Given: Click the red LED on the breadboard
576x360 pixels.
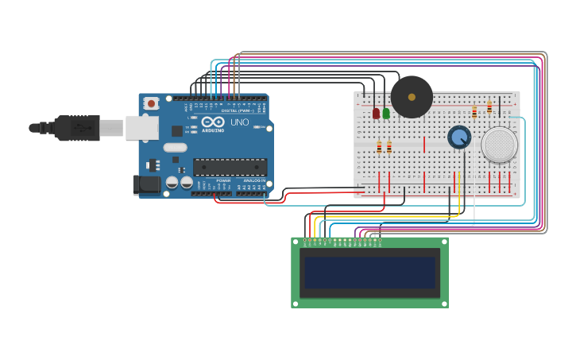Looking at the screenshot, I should tap(376, 113).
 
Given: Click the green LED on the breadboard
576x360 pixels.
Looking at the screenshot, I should tap(386, 113).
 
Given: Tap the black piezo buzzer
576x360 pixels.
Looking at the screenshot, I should tap(412, 97).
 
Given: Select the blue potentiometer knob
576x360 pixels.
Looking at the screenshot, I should tap(458, 137).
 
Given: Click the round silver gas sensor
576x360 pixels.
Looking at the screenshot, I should tap(500, 145).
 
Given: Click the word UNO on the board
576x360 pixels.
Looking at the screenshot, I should tap(239, 123).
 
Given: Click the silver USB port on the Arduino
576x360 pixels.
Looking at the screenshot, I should tap(141, 127).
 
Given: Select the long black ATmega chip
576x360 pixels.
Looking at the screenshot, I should tap(230, 166).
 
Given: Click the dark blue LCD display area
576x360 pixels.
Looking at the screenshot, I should tap(369, 273).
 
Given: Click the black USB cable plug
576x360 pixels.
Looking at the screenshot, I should tap(76, 127).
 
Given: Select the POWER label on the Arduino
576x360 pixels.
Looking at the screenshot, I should tap(223, 180).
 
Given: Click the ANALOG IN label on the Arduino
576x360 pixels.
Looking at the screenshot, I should tap(255, 180).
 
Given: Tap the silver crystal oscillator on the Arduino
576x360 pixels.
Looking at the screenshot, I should tap(176, 147).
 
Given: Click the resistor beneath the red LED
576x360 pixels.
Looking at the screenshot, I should tap(379, 147).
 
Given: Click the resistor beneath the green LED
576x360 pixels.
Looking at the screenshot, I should tap(389, 147).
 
